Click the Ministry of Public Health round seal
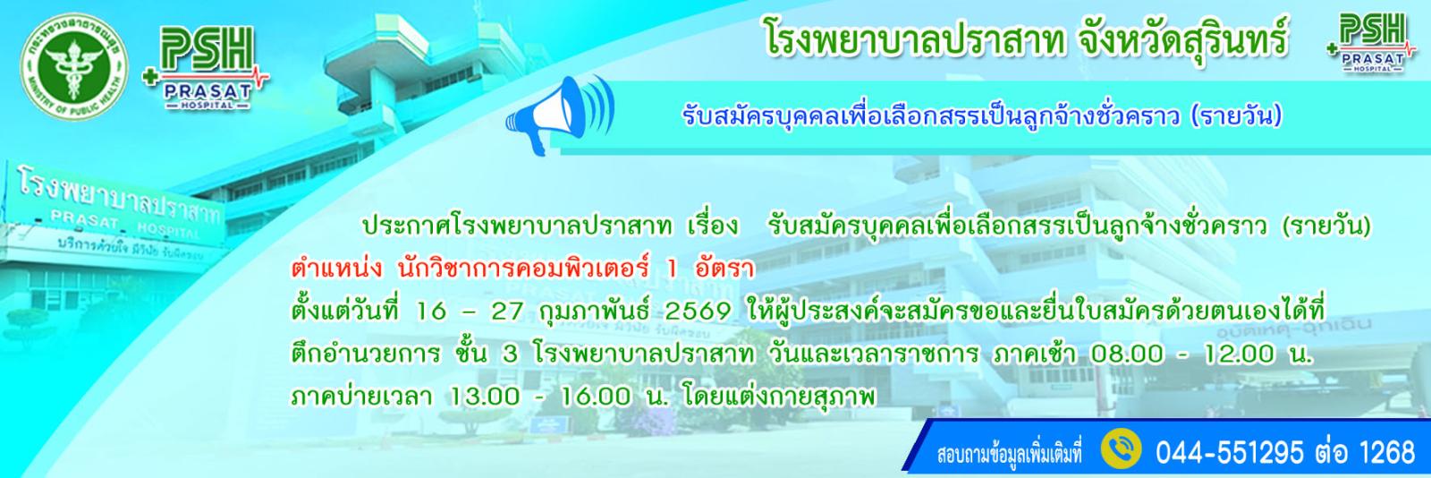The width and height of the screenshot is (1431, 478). click(x=74, y=67)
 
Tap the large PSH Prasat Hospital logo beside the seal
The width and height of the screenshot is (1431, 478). click(x=206, y=68)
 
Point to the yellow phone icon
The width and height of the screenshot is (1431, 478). click(x=1121, y=450)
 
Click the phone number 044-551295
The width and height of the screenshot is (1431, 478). click(x=1229, y=452)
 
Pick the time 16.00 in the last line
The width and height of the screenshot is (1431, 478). click(x=595, y=397)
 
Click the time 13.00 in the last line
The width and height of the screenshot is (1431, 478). click(x=484, y=397)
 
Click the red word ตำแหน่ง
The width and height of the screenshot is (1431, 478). click(x=335, y=269)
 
